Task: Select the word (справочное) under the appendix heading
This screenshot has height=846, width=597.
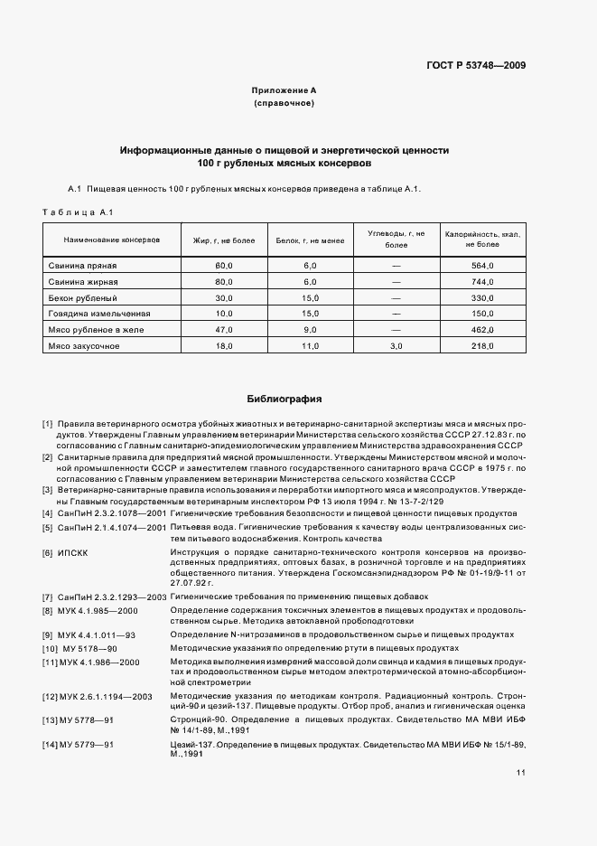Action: [284, 105]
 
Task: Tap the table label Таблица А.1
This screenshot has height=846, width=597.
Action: [76, 211]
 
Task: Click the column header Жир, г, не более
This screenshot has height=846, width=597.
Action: [224, 240]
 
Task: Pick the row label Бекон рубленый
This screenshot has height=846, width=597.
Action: [83, 297]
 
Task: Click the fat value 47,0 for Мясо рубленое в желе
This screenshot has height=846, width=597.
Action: [224, 330]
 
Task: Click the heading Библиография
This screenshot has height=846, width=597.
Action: [284, 399]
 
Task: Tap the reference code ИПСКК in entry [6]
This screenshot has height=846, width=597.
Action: [74, 552]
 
